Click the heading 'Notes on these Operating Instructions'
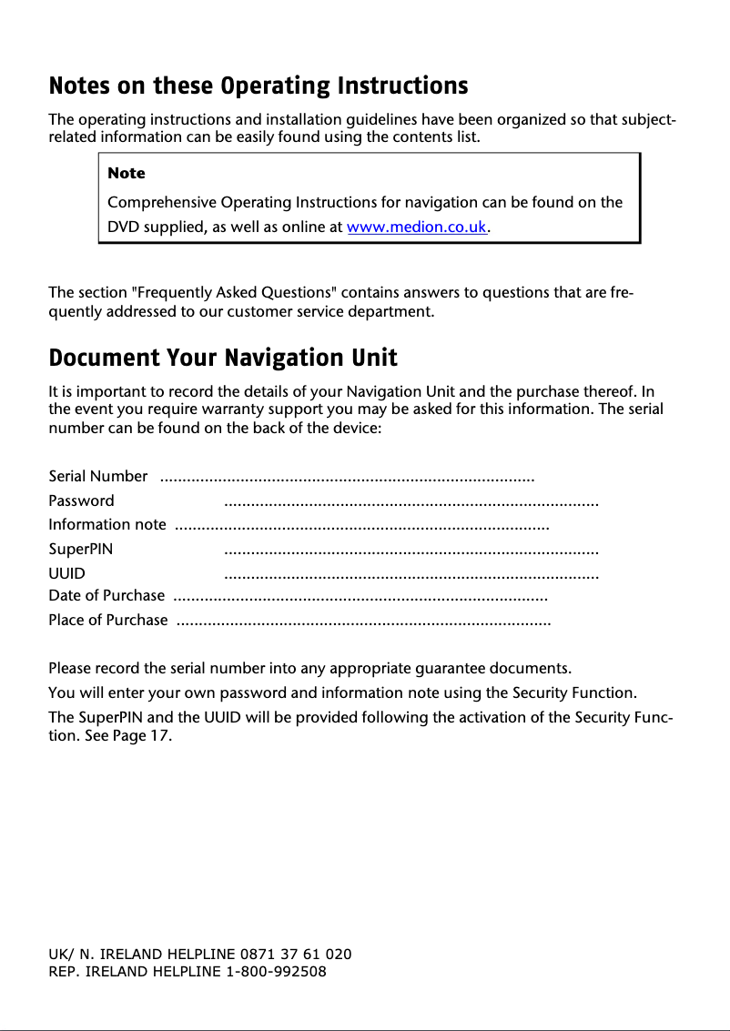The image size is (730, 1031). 258,86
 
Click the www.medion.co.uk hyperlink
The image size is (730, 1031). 418,227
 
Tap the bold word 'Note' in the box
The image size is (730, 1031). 126,173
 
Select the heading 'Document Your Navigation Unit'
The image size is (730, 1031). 223,357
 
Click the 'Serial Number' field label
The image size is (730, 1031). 97,476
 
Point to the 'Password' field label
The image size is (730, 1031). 81,500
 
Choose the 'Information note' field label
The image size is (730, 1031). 106,524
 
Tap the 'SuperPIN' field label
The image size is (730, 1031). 80,549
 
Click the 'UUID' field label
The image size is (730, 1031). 66,573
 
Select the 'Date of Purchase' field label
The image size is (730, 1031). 106,596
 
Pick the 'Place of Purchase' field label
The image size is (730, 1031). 107,621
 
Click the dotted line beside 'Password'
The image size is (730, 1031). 411,502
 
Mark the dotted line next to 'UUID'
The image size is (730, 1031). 411,575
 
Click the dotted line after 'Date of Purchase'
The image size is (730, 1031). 360,598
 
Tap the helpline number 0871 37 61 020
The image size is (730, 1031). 296,954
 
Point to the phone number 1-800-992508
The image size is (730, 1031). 276,971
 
